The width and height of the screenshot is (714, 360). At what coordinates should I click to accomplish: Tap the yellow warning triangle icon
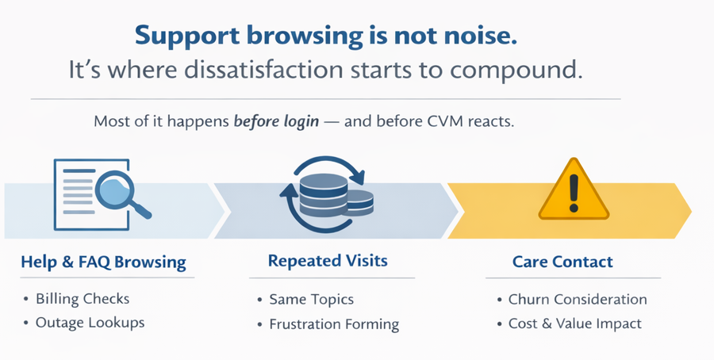point(574,190)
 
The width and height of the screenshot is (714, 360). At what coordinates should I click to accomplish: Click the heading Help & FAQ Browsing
point(103,262)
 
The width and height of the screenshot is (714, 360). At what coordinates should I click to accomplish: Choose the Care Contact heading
point(562,262)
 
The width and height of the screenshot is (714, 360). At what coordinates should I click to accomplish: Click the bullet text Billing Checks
point(83,299)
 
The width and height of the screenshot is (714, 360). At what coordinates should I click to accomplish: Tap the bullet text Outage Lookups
point(90,323)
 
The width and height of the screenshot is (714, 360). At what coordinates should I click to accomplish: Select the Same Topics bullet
point(311,300)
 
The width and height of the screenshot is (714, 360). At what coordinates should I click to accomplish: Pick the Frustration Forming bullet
point(334,324)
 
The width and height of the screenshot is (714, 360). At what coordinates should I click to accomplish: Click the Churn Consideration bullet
point(578,300)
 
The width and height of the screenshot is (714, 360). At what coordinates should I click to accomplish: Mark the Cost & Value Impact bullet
point(574,324)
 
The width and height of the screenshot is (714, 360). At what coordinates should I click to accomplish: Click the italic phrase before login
point(276,122)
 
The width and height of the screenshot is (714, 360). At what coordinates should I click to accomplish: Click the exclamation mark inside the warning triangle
point(574,193)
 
